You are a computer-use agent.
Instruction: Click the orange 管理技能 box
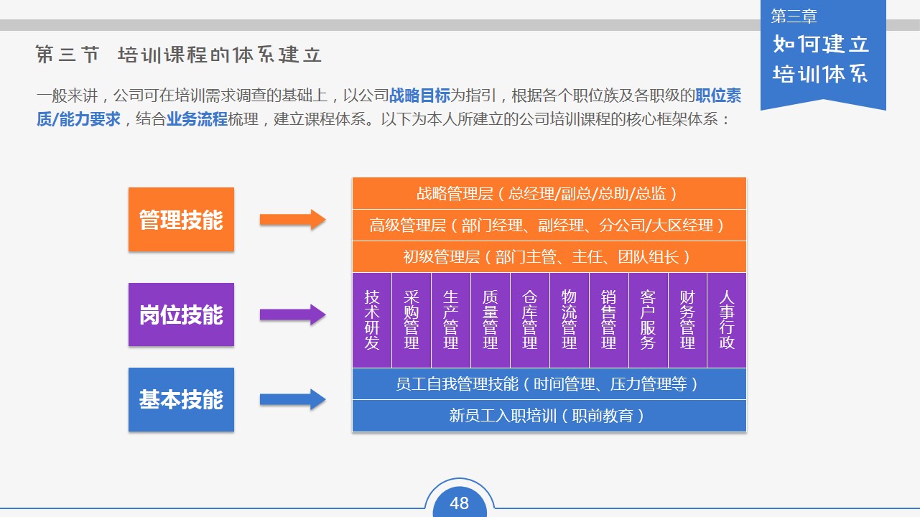tap(181, 219)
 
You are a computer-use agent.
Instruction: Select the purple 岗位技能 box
tap(181, 315)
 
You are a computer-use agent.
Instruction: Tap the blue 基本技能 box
tap(181, 399)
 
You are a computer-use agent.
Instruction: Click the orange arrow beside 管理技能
tap(293, 220)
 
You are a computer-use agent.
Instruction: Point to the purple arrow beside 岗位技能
tap(293, 315)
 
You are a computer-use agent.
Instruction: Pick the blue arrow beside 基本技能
tap(293, 399)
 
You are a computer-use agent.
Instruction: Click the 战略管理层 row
tap(549, 193)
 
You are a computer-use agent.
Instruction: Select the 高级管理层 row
tap(549, 225)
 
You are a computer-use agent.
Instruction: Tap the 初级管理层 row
tap(549, 256)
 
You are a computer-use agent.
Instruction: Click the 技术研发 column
tap(372, 320)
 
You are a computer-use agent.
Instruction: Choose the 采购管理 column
tap(412, 320)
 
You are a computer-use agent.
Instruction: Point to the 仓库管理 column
tap(530, 320)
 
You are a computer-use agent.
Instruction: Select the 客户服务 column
tap(648, 320)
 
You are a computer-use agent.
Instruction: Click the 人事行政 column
tap(727, 320)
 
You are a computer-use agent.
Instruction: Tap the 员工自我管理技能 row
tap(549, 384)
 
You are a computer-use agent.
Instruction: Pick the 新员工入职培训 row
tap(549, 416)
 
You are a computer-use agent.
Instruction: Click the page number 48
tap(459, 503)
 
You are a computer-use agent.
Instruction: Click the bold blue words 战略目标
tap(419, 96)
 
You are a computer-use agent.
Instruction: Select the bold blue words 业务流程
tap(197, 119)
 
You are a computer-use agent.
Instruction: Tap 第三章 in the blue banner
tap(794, 16)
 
